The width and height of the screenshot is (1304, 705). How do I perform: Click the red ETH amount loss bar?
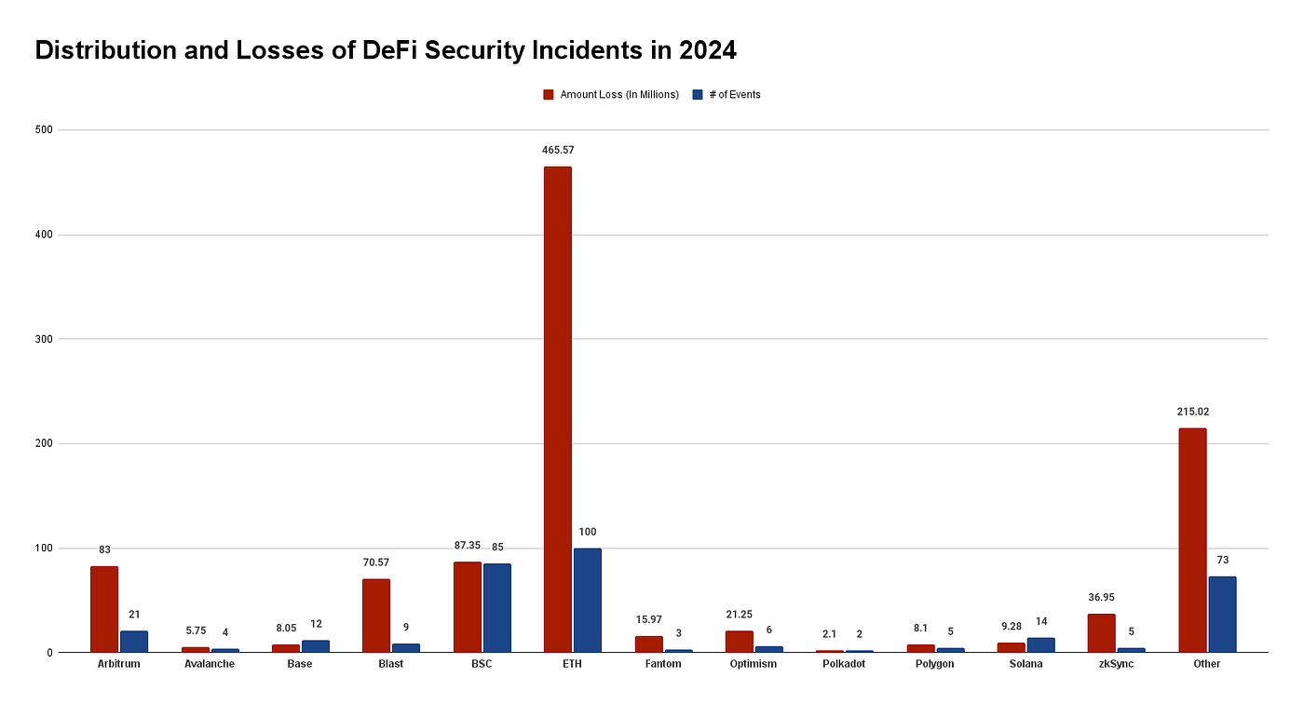click(x=557, y=410)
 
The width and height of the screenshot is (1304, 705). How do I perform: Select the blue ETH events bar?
click(x=587, y=601)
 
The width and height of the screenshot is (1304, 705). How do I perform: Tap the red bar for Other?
click(x=1192, y=540)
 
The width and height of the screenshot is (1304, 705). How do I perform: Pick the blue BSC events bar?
click(x=496, y=608)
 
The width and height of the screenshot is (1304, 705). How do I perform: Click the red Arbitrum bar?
click(x=104, y=609)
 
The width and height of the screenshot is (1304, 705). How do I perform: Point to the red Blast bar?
click(x=376, y=616)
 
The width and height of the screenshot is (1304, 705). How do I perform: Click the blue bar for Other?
click(x=1222, y=615)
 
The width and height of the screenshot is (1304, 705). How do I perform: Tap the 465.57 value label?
click(x=557, y=150)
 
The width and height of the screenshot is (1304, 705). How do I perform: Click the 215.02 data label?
click(x=1192, y=412)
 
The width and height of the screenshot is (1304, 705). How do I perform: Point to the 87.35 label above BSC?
click(x=467, y=546)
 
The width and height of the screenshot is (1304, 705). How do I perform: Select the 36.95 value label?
click(x=1101, y=597)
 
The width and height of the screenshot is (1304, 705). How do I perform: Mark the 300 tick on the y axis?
click(x=42, y=339)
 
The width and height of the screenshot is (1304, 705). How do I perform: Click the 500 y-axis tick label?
click(x=42, y=130)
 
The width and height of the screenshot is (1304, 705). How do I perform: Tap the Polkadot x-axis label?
click(x=844, y=664)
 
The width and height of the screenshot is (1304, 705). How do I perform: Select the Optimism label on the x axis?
click(x=754, y=664)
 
